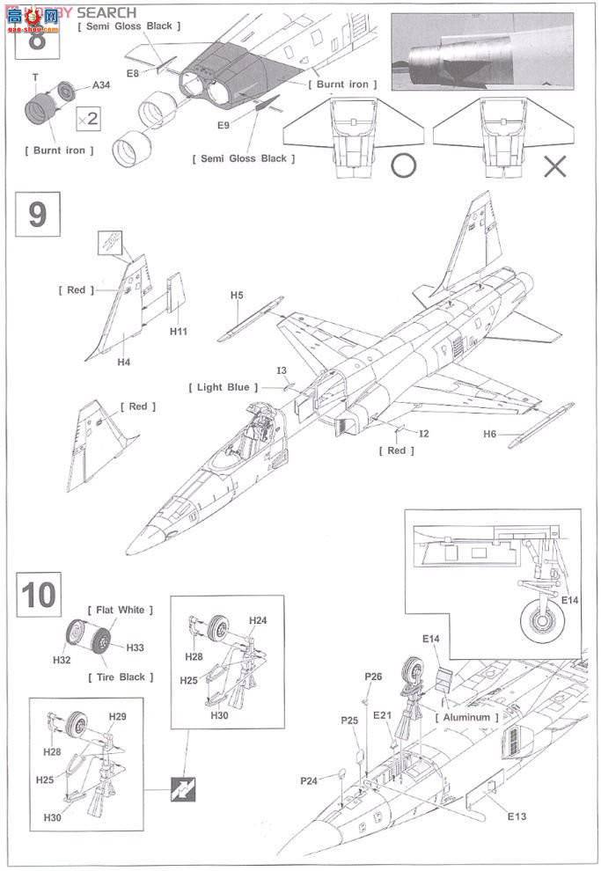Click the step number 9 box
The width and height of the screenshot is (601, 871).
[x=37, y=214]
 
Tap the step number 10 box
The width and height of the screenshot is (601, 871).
[x=38, y=595]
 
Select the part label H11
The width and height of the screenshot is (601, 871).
[x=180, y=332]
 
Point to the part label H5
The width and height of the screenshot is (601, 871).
[x=237, y=296]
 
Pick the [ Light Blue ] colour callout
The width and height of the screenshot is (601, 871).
[x=224, y=387]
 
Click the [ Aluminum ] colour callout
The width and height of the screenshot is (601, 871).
[x=466, y=717]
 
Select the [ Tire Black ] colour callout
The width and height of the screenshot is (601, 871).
[x=121, y=677]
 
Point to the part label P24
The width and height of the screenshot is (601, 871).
[x=309, y=780]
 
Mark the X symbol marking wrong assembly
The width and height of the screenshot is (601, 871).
[x=554, y=165]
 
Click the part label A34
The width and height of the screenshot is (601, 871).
[x=103, y=86]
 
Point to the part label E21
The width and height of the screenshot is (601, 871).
[x=380, y=716]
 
